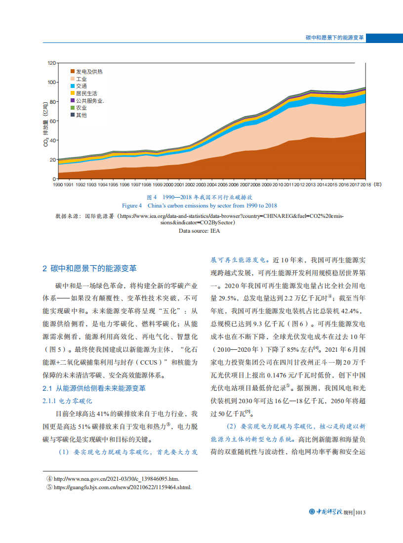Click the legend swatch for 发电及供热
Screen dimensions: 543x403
coord(73,72)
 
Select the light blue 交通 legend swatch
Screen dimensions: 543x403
coord(73,86)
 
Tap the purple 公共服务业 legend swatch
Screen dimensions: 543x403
coord(73,100)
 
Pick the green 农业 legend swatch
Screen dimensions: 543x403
coord(73,108)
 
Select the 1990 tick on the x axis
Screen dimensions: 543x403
coord(58,184)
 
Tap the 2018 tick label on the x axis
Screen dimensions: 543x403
coord(365,184)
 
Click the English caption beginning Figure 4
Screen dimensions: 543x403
coord(200,206)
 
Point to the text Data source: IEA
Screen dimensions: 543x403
coord(199,230)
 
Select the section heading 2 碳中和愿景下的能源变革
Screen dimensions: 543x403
coord(89,269)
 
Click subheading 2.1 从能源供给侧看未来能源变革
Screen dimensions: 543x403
coord(94,388)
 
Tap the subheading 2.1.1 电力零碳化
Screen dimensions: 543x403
coord(68,401)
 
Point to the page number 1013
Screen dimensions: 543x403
coord(360,512)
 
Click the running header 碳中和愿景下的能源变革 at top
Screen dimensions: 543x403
coord(335,38)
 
